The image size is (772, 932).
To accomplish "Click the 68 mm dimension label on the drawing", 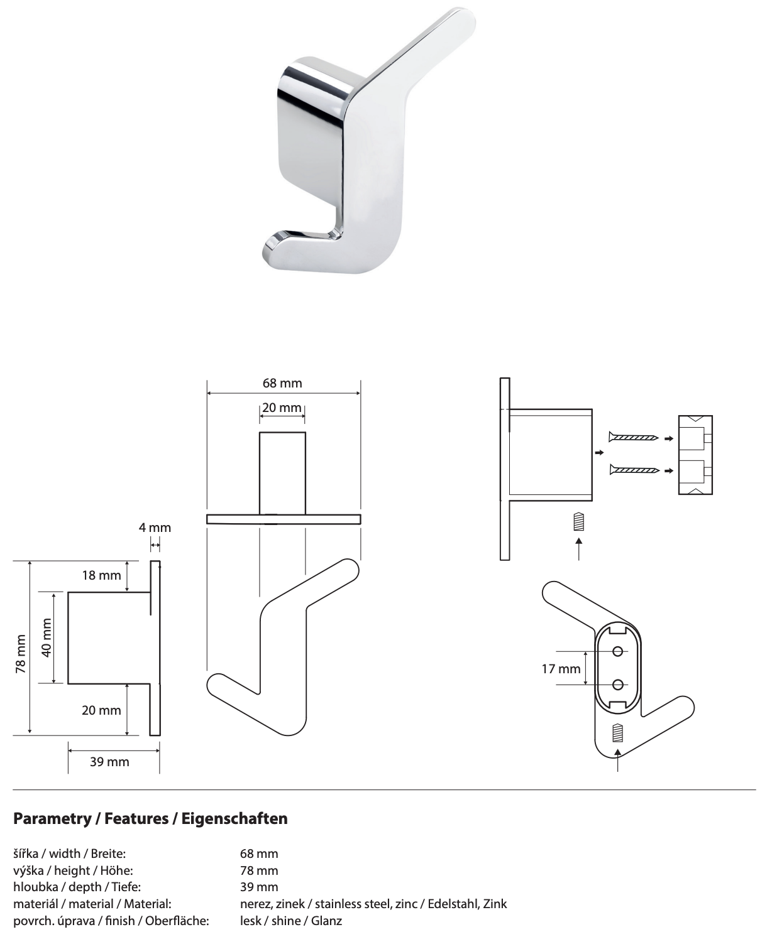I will pos(282,383).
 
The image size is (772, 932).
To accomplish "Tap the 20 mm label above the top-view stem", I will pos(282,408).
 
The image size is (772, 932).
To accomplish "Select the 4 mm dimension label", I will pos(155,528).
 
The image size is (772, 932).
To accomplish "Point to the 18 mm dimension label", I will pos(101,575).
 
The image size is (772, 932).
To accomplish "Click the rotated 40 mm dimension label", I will pos(46,637).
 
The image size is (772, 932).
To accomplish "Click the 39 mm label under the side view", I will pos(109,762).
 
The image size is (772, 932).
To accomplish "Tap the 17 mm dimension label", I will pos(561,669).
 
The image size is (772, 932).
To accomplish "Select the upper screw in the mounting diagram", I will pos(634,437).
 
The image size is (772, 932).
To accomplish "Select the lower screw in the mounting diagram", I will pos(634,469).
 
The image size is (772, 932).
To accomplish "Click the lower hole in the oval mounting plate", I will pos(617,684).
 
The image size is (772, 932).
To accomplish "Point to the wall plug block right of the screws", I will pos(695,455).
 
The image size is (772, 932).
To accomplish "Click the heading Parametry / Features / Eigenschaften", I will pos(150,819).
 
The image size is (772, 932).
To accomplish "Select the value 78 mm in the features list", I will pos(259,870).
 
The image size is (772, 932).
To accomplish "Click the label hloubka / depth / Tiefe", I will pos(77,887).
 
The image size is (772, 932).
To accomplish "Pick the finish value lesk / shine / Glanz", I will pos(291,921).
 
